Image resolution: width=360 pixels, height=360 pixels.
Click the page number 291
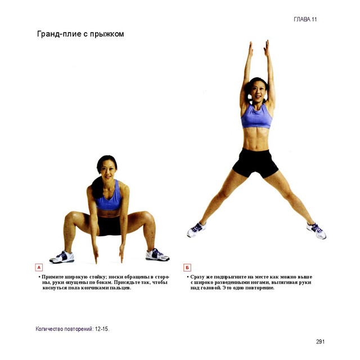point(320,341)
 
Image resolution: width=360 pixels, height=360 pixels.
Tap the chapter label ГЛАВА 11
point(305,19)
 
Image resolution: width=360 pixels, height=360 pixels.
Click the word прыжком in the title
point(107,34)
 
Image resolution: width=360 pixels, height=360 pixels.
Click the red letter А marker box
point(39,268)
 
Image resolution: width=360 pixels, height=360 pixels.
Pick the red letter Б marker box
point(187,268)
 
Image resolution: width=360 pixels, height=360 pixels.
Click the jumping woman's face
point(258,91)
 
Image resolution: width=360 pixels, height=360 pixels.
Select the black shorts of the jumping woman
point(255,163)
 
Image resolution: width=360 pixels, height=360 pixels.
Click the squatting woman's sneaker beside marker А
point(62,257)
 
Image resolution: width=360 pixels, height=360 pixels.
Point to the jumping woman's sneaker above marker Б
point(196,229)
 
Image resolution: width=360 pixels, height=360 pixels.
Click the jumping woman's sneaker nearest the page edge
point(316,231)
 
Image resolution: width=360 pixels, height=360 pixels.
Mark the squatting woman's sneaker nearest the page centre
point(157,255)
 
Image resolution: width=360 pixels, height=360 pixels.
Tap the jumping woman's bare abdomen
point(256,139)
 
